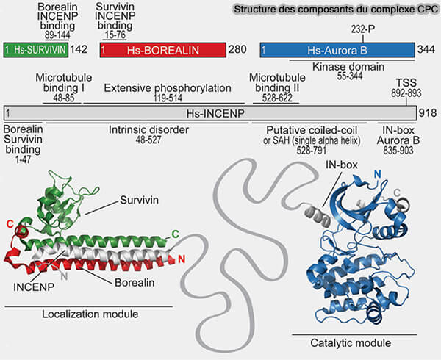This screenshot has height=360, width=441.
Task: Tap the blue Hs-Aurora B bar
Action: click(x=335, y=49)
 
